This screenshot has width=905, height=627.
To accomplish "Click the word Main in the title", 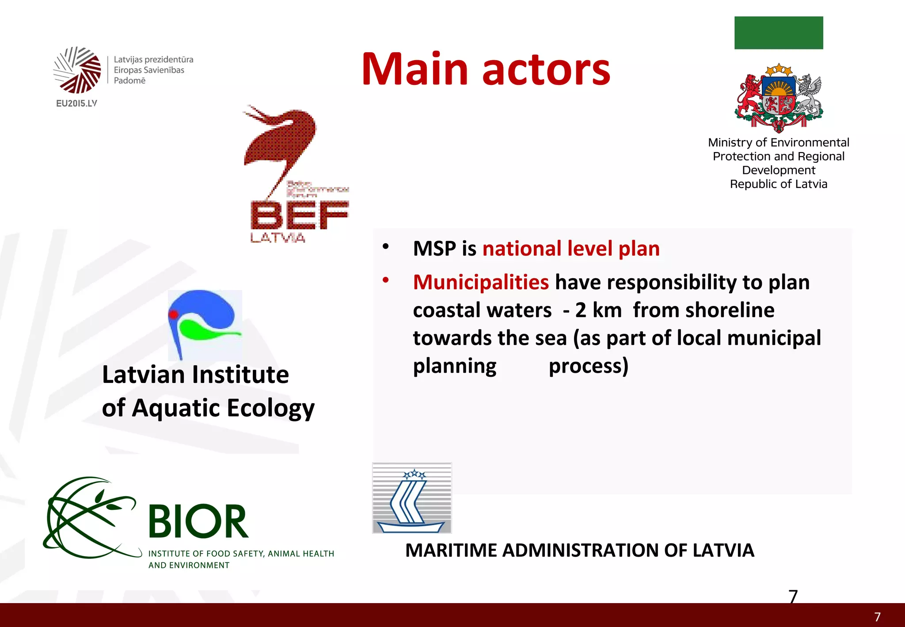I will [x=414, y=69].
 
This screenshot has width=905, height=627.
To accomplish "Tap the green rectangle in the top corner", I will [x=778, y=33].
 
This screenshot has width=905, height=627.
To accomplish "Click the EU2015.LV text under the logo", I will [x=76, y=103].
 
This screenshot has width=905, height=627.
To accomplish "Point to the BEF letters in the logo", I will [x=299, y=215].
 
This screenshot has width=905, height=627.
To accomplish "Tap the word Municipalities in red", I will [x=481, y=282].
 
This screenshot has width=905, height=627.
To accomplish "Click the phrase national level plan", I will [x=570, y=249].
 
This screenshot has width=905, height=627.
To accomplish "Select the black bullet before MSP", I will [x=386, y=247].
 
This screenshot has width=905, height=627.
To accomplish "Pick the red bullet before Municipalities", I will [x=386, y=280].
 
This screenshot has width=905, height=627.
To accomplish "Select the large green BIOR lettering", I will [x=198, y=522].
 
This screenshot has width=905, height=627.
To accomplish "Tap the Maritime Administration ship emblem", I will [x=412, y=498].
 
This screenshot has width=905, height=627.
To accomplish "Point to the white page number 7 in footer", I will [x=877, y=617].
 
